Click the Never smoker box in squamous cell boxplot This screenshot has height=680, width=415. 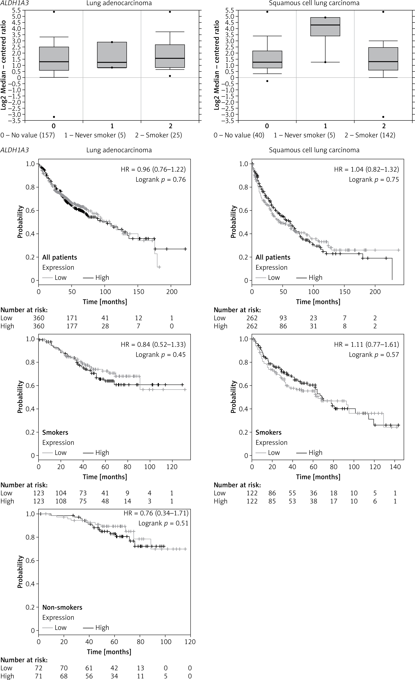(325, 27)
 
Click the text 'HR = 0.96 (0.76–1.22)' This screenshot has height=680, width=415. (153, 169)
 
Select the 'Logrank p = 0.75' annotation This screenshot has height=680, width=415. (374, 180)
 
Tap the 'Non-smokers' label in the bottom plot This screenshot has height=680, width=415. (62, 607)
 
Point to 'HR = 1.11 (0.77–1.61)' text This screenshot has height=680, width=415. (367, 344)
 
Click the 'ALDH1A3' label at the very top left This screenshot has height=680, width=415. (14, 3)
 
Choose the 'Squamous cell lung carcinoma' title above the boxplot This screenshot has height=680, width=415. (314, 3)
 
